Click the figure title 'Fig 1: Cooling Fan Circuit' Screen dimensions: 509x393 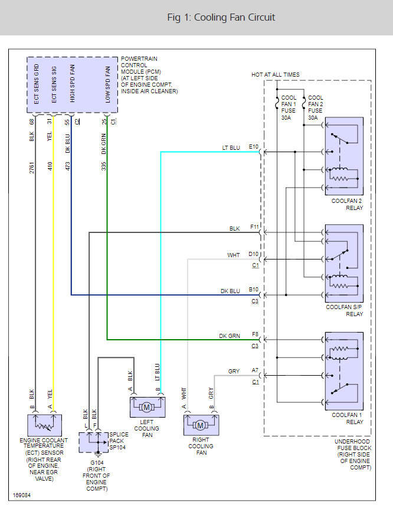(221, 17)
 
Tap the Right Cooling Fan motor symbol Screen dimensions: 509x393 (201, 425)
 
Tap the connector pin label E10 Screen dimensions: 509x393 (254, 146)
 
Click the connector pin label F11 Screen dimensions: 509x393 (254, 226)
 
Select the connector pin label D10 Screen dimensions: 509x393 (254, 254)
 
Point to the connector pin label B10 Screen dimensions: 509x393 (254, 289)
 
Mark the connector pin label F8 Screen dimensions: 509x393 (255, 334)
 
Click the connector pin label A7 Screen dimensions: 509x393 (255, 370)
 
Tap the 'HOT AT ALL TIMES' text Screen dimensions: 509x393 (276, 75)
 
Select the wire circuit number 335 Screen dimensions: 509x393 (103, 166)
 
